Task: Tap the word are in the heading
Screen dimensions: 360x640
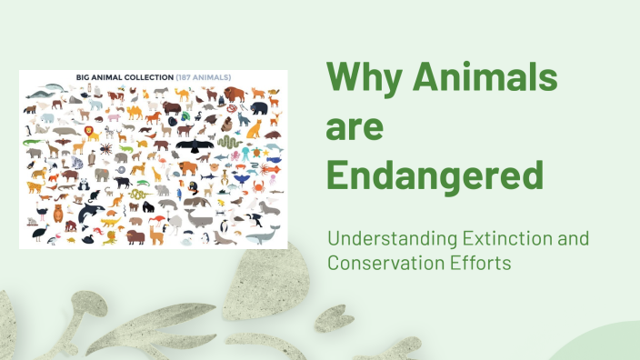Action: [355, 126]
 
